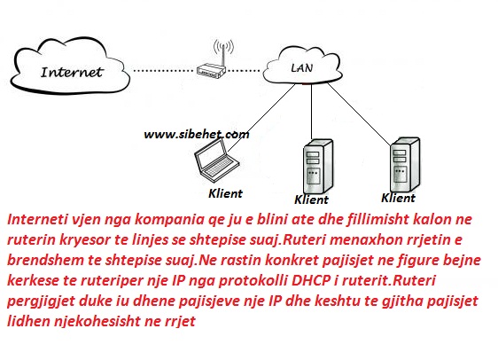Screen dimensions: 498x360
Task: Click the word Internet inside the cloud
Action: [72, 72]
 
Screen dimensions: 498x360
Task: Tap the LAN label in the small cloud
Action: [301, 67]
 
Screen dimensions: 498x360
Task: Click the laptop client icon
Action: [215, 160]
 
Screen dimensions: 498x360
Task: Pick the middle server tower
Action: [318, 166]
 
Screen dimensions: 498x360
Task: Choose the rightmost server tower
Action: [405, 164]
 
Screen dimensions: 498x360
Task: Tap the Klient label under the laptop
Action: [225, 193]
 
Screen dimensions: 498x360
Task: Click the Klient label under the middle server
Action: [311, 200]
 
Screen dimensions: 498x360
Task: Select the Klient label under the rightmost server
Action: [398, 198]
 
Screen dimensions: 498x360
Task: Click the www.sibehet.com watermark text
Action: [197, 135]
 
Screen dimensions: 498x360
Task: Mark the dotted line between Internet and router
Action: [163, 70]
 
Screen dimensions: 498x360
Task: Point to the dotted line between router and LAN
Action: [243, 70]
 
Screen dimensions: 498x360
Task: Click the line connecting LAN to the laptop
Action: [261, 118]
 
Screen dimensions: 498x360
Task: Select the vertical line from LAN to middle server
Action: [311, 112]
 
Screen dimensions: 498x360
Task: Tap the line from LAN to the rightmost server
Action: [359, 114]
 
